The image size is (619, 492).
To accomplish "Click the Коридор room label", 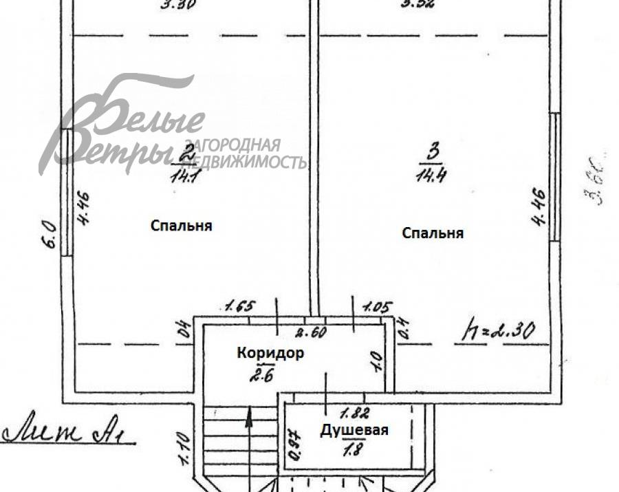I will (270, 353).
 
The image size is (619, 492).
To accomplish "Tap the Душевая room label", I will (354, 431).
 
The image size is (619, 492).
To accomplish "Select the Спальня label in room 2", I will (181, 226).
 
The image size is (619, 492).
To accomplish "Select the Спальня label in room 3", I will (433, 233).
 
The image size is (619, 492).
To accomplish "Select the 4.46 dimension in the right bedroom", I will (539, 206).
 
